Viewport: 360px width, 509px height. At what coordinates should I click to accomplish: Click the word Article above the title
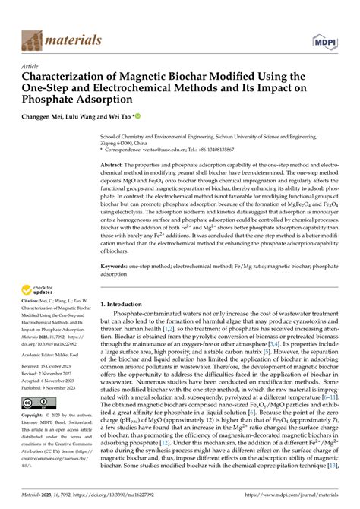tap(30, 66)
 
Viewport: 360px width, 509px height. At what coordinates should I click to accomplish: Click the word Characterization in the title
tap(65, 77)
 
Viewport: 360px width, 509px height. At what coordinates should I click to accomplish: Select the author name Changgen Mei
tap(46, 119)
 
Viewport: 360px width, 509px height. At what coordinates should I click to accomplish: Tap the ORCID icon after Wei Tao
tap(137, 118)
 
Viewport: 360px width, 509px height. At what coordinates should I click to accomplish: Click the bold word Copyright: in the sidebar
tap(35, 438)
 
